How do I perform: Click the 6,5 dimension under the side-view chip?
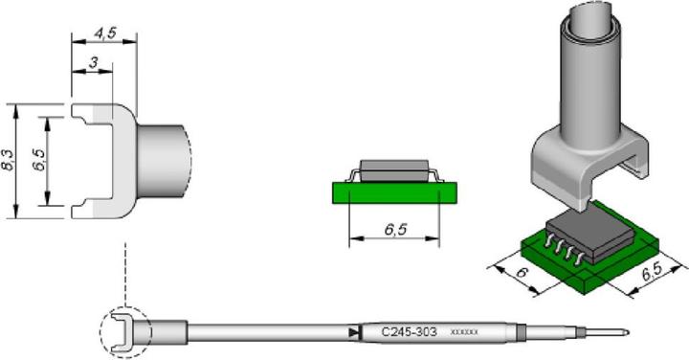click(394, 230)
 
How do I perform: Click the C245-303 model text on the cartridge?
click(409, 332)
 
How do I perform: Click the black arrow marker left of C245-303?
click(354, 332)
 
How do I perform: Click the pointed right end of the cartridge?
click(625, 333)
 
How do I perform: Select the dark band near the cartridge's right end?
click(521, 333)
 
